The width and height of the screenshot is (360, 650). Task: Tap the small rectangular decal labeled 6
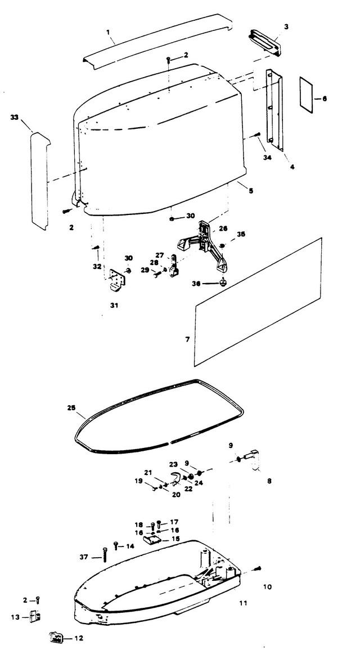tap(307, 95)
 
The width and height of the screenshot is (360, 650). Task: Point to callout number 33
tap(15, 118)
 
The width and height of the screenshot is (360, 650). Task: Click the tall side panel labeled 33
tap(40, 181)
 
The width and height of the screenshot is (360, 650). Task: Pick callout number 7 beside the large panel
tap(188, 339)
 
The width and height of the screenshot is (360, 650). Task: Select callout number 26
tap(223, 228)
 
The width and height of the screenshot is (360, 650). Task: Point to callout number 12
tap(79, 639)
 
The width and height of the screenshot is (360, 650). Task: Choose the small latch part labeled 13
tap(35, 616)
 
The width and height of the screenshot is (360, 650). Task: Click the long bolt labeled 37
tap(105, 554)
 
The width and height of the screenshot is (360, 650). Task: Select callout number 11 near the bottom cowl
tap(243, 603)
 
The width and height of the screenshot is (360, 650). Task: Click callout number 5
tap(251, 191)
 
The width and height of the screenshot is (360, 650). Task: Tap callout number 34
tap(267, 158)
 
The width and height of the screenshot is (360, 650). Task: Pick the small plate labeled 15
tap(152, 539)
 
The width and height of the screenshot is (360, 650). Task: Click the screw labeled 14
tap(116, 545)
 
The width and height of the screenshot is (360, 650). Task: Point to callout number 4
tap(292, 167)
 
